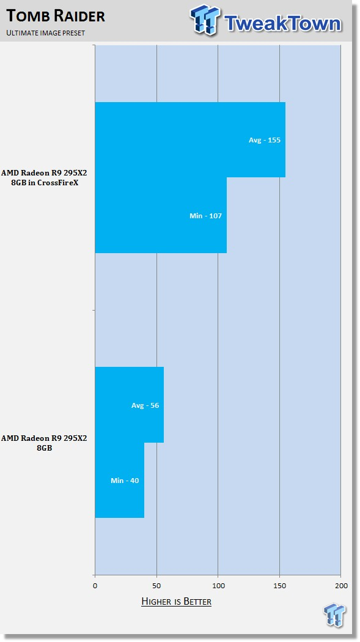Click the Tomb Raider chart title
56,16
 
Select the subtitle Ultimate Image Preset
45,33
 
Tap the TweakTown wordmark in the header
282,23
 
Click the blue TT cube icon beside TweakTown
205,20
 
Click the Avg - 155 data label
265,140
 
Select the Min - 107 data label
206,216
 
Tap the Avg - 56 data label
145,405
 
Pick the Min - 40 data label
125,481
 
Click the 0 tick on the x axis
95,586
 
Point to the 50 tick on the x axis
156,586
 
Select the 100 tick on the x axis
218,586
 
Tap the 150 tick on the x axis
279,586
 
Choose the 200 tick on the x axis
341,586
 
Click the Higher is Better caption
176,602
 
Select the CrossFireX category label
44,178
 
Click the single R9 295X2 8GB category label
44,443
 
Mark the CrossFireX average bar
190,139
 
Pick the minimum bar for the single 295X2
119,480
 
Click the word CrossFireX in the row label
57,183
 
